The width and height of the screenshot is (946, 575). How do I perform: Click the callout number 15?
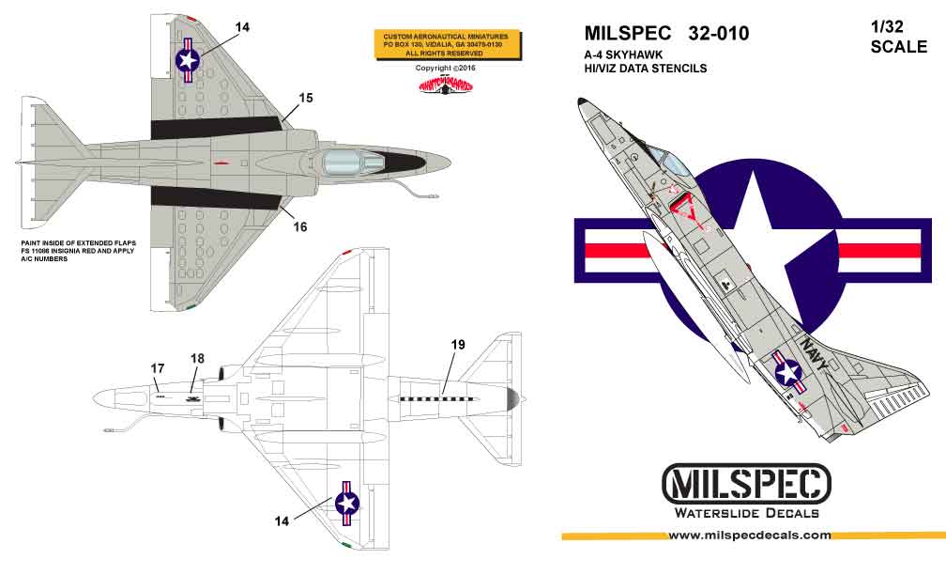point(305,97)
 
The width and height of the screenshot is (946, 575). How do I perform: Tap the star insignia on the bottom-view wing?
point(347,503)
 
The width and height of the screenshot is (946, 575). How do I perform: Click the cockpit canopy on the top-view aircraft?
point(347,164)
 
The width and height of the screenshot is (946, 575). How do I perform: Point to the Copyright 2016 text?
point(446,69)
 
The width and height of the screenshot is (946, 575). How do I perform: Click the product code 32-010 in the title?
point(718,34)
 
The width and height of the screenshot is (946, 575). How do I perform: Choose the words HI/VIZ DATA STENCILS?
point(644,69)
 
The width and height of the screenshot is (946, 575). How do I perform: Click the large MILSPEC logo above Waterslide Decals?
point(747,485)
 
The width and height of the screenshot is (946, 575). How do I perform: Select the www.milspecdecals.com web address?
point(749,536)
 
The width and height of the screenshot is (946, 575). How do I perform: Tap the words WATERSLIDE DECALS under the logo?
point(747,513)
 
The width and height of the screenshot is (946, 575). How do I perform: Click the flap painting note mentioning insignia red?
point(79,250)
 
